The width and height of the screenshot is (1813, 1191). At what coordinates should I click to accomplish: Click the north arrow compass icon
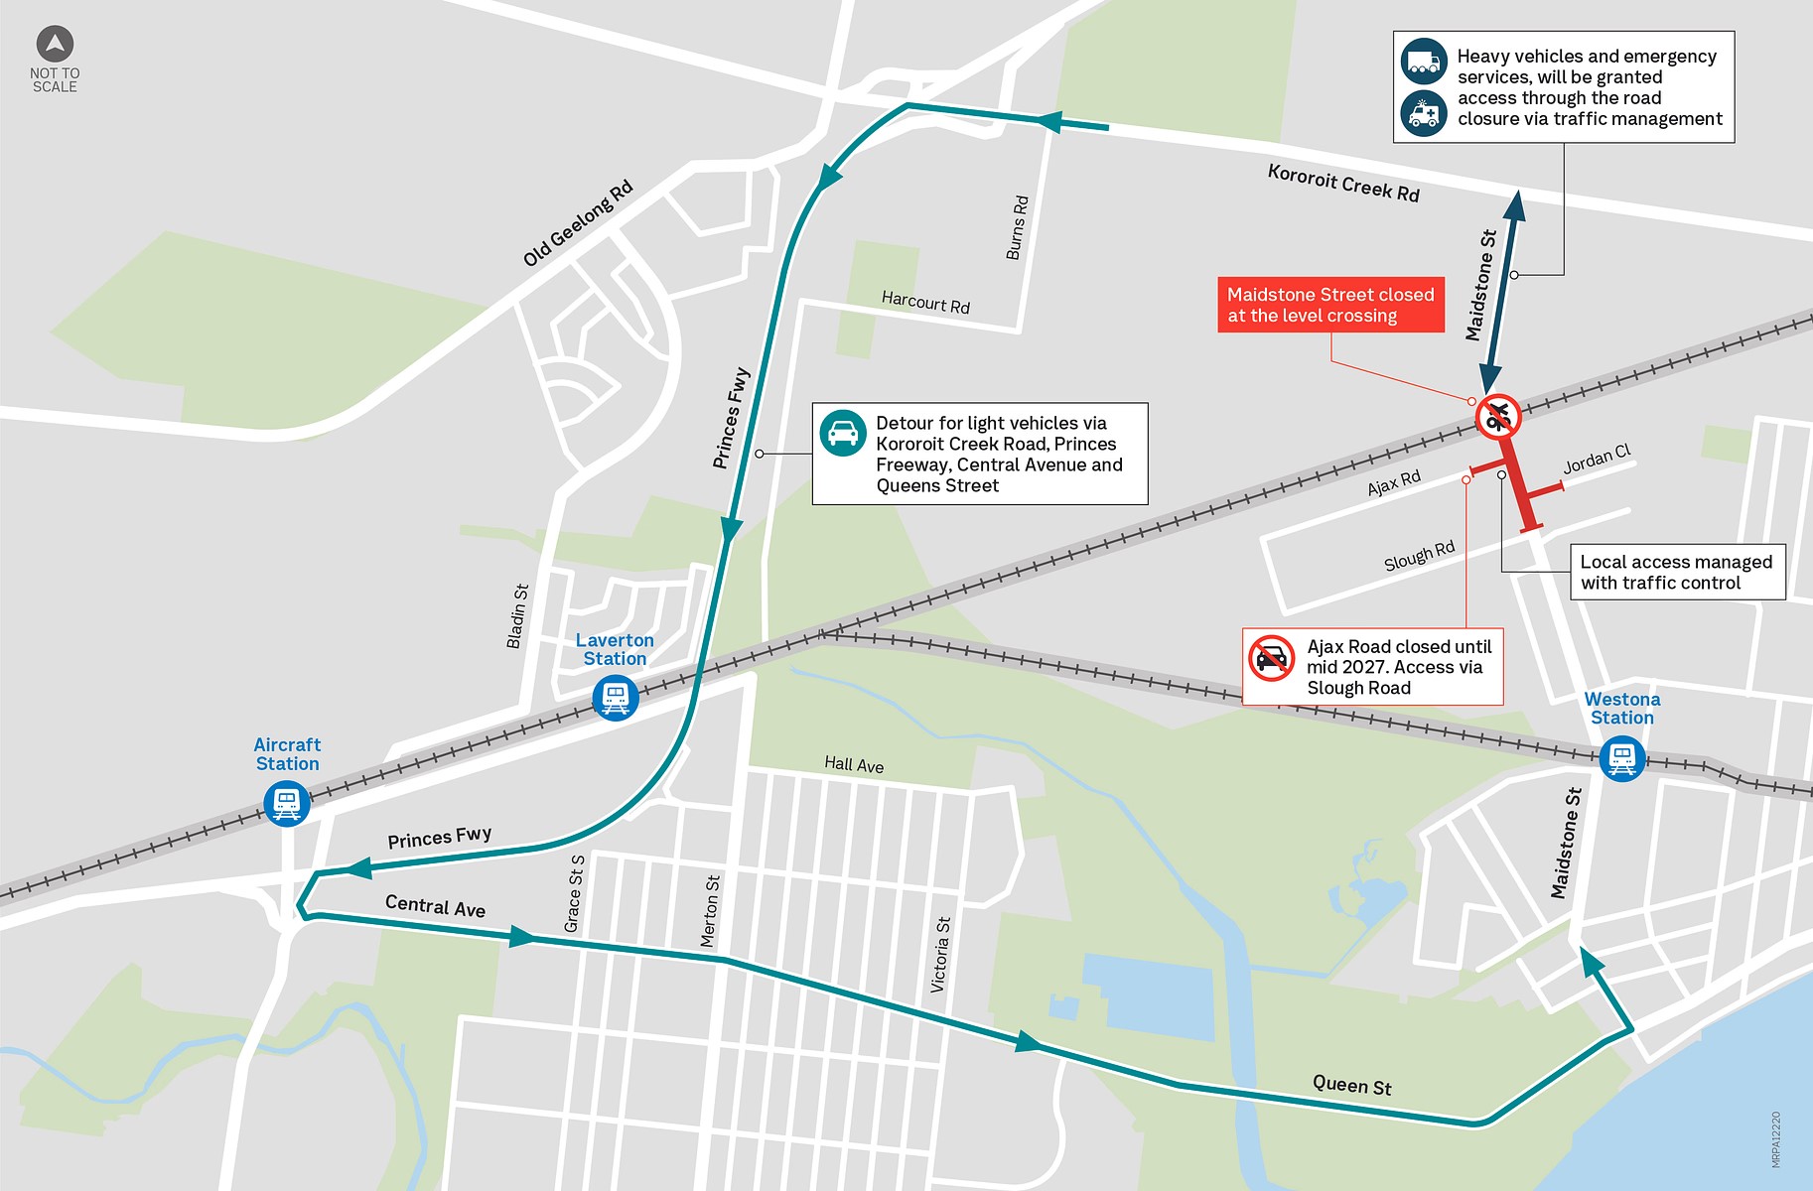55,45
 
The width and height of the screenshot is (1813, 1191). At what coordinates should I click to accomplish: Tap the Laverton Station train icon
616,698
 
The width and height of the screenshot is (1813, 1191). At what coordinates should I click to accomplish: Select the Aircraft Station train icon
287,803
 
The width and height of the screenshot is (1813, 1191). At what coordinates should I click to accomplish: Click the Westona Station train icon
1622,759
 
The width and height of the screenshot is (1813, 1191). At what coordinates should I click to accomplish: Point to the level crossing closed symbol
1498,417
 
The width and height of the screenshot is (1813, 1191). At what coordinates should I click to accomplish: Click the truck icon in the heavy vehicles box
1424,62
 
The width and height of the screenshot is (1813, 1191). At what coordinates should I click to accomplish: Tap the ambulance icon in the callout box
1424,113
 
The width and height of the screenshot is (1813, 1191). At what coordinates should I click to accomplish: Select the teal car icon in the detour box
843,434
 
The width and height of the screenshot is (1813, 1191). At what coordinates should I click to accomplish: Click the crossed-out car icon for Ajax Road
1272,658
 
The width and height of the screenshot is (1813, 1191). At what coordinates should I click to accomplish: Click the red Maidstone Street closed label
1330,305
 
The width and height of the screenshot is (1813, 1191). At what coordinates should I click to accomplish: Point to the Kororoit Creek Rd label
1343,184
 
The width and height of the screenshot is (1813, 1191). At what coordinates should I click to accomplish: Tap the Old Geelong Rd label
578,223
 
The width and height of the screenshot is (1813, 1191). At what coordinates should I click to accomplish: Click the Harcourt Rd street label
925,303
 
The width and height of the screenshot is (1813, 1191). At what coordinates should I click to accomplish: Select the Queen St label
1351,1085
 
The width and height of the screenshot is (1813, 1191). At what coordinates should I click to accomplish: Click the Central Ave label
435,906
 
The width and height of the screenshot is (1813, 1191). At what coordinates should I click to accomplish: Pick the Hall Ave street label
854,764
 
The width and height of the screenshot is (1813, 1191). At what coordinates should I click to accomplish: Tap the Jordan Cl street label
1597,460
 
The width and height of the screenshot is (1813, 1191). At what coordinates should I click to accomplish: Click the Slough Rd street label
1419,556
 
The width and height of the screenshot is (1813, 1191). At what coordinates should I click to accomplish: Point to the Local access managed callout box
1677,572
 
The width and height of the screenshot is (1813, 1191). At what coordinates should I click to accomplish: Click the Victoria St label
940,955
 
